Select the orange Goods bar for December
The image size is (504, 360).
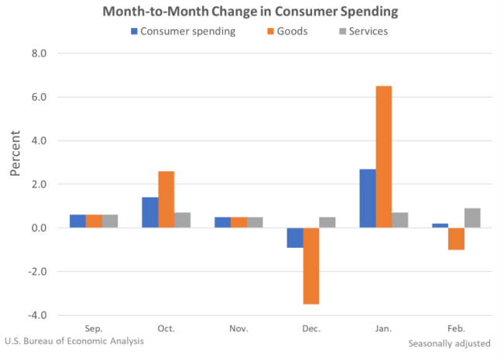pyautogui.click(x=310, y=266)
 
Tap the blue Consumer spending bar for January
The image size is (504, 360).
pyautogui.click(x=367, y=198)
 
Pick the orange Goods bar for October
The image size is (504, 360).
pyautogui.click(x=166, y=200)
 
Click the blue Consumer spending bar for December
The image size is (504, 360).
pyautogui.click(x=294, y=238)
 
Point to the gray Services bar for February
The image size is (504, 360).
pyautogui.click(x=472, y=218)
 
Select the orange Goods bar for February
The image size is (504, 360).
pyautogui.click(x=456, y=238)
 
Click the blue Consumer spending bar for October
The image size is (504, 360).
pyautogui.click(x=149, y=213)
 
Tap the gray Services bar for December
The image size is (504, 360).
pyautogui.click(x=327, y=223)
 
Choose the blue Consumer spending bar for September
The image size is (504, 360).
pyautogui.click(x=77, y=221)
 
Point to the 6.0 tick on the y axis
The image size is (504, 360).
pyautogui.click(x=38, y=98)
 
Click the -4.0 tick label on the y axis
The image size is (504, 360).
pyautogui.click(x=36, y=316)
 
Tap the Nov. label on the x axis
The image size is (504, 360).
pyautogui.click(x=238, y=329)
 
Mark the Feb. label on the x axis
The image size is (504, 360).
pyautogui.click(x=456, y=329)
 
